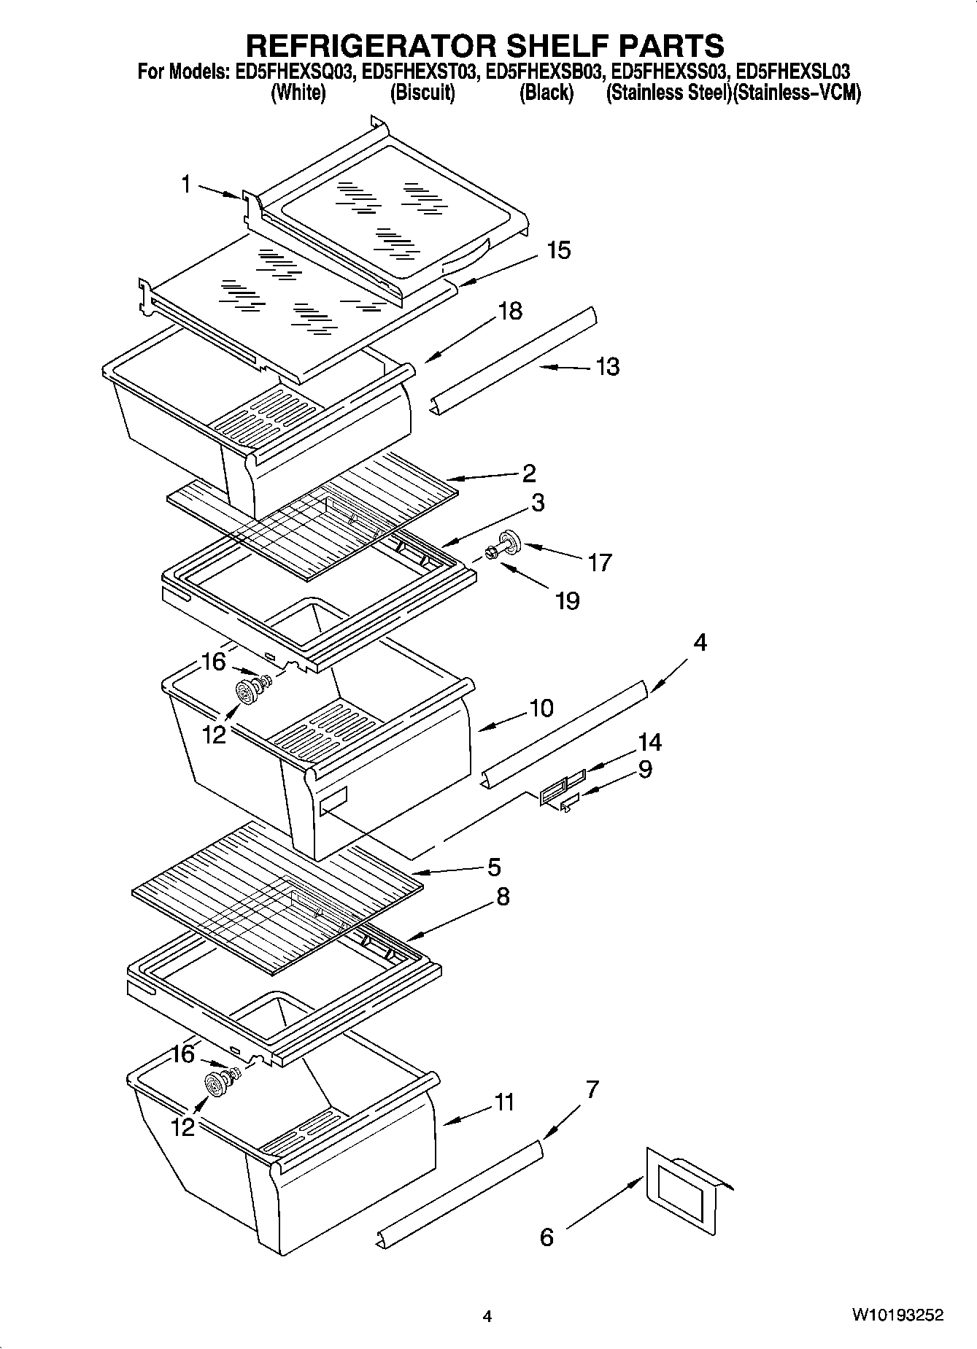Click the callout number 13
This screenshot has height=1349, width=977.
(x=607, y=366)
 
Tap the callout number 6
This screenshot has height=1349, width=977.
(x=547, y=1237)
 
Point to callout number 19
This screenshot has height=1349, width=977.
(x=567, y=600)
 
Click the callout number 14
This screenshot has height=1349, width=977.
(x=649, y=742)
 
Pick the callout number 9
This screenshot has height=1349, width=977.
(x=645, y=769)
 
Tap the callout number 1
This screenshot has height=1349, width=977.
(x=187, y=185)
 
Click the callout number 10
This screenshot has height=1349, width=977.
(x=541, y=708)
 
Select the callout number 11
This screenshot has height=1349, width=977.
(x=504, y=1102)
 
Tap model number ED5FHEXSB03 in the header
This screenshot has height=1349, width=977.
(x=546, y=71)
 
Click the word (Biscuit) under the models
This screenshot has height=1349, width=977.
(x=422, y=93)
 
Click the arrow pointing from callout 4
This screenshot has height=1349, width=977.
(x=668, y=675)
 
